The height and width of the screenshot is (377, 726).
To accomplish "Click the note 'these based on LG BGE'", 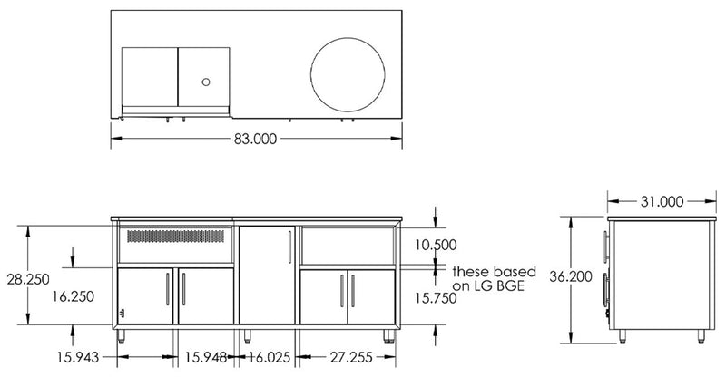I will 493,277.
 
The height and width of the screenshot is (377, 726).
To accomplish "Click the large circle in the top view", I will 348,75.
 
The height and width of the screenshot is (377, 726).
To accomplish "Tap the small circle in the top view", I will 206,82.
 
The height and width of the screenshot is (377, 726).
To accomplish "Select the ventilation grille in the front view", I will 175,237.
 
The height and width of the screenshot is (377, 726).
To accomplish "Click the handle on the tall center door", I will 289,247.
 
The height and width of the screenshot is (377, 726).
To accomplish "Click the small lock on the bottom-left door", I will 125,314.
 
